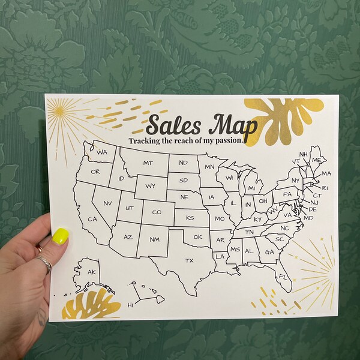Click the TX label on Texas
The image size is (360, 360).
point(190,260)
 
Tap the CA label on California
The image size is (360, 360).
point(92,219)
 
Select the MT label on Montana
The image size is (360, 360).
point(148,163)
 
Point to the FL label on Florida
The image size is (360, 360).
point(282,276)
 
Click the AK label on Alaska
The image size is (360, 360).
point(91,272)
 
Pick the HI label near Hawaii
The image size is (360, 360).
point(130,305)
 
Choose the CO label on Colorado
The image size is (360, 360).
point(156,212)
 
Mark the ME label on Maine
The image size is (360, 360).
point(316,160)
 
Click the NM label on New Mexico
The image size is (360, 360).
point(154,239)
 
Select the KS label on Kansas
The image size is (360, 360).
point(190,217)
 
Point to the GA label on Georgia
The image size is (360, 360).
point(269,252)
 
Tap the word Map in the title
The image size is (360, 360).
point(230,125)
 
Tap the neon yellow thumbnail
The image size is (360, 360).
point(60,236)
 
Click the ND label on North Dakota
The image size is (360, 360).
point(183,163)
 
